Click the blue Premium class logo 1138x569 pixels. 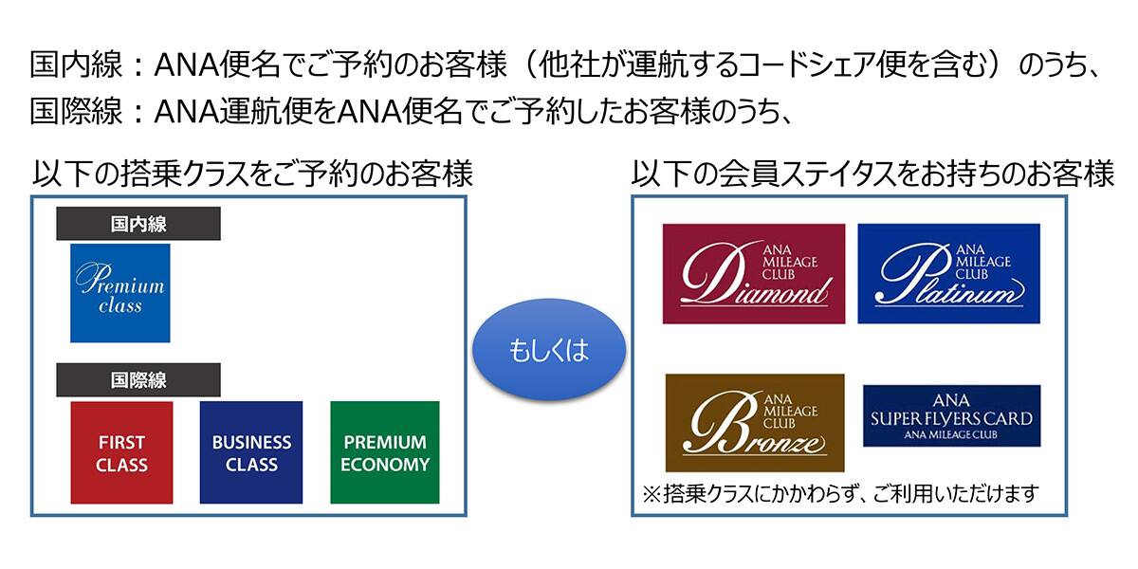click(120, 293)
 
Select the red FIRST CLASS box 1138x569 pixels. click(121, 452)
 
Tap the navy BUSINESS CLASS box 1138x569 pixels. click(251, 452)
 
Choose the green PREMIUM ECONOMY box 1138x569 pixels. click(385, 452)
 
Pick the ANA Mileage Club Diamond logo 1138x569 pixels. click(754, 273)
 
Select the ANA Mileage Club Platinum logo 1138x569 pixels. click(948, 273)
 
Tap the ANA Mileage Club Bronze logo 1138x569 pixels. click(754, 422)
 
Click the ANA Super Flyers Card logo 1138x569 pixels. click(951, 415)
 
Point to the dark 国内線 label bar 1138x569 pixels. click(138, 224)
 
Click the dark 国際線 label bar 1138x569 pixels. click(138, 380)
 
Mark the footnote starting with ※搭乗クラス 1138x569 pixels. click(840, 494)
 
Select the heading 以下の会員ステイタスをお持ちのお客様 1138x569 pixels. click(872, 174)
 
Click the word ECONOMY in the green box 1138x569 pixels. click(385, 465)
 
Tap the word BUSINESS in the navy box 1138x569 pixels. click(251, 442)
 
